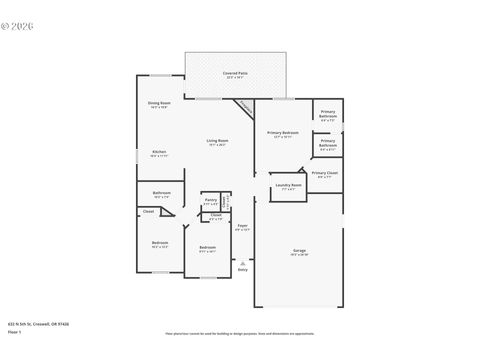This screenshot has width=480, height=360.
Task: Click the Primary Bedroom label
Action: [x=283, y=133]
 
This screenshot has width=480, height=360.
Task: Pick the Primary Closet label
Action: [x=324, y=173]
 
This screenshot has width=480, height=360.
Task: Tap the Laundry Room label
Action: [x=288, y=185]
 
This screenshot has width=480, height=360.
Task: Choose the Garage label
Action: [x=299, y=250]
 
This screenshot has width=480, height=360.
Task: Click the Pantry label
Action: [x=210, y=200]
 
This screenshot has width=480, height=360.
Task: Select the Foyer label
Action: [x=242, y=225]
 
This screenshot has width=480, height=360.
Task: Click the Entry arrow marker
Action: [x=242, y=260]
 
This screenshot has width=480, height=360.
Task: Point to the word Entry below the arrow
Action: [x=242, y=269]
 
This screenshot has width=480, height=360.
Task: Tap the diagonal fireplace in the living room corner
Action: [x=244, y=105]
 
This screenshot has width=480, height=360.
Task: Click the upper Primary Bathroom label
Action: [x=328, y=115]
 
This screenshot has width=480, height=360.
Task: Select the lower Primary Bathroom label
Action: [x=328, y=143]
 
